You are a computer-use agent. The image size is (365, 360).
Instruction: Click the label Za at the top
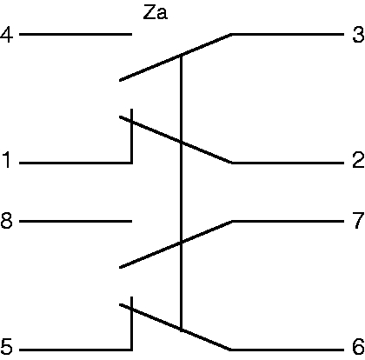(x=156, y=13)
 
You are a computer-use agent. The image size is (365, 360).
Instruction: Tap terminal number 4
(x=7, y=35)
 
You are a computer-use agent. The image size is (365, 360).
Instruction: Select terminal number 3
(x=358, y=35)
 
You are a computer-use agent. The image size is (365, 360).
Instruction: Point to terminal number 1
(x=7, y=160)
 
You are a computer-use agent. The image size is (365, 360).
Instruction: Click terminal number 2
(x=358, y=160)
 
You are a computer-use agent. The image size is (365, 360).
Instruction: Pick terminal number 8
(x=7, y=220)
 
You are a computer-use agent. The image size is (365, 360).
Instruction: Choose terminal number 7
(x=359, y=220)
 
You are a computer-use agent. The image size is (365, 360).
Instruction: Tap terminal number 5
(x=7, y=346)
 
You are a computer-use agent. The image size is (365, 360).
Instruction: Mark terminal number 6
(x=358, y=346)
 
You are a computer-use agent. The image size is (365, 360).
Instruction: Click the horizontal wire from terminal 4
(x=76, y=35)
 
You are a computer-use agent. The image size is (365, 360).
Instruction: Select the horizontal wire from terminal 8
(x=76, y=222)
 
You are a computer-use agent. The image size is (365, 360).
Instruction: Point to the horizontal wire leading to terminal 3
(x=288, y=35)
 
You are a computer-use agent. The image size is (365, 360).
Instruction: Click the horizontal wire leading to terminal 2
(x=288, y=163)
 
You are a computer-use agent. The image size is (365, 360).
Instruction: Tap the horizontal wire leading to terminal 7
(x=288, y=222)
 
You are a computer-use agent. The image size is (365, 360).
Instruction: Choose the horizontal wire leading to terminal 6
(x=288, y=350)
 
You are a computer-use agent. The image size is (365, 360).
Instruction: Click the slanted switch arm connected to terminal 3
(x=176, y=57)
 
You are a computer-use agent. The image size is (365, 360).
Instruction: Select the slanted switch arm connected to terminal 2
(x=176, y=140)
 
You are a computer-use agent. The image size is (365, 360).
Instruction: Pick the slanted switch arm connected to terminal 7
(x=176, y=244)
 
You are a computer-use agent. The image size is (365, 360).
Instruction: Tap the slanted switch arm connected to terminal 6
(x=175, y=327)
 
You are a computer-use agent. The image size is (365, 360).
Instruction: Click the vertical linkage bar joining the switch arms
(x=182, y=193)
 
